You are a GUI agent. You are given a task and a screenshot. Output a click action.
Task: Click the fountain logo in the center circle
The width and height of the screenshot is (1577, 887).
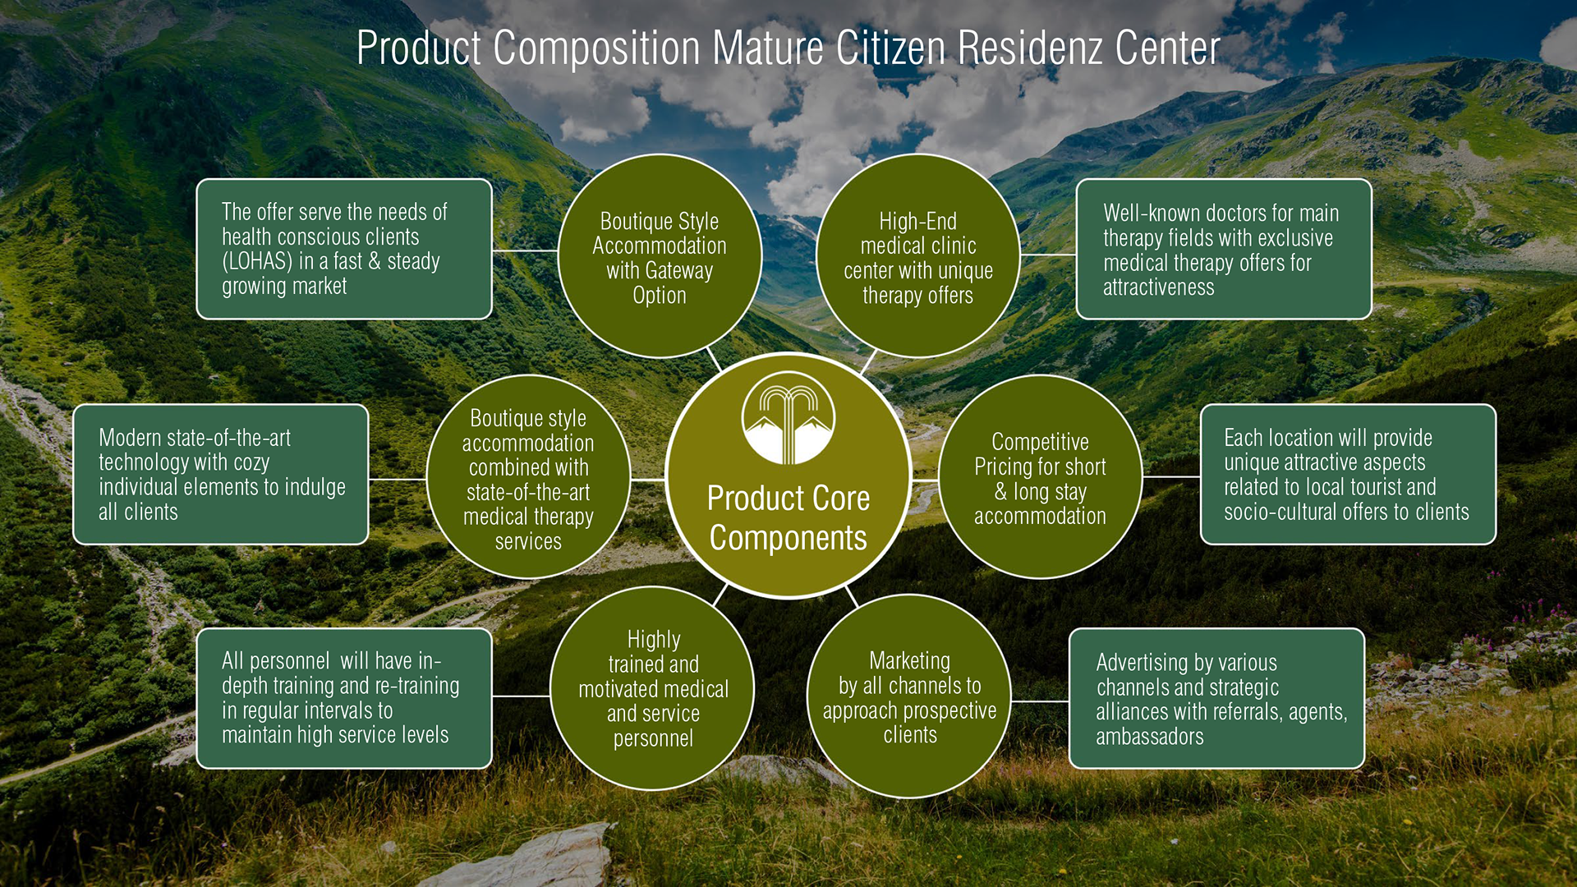[x=788, y=417]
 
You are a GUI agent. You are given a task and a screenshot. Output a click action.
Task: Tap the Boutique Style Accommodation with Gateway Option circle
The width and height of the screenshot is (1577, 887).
[x=660, y=256]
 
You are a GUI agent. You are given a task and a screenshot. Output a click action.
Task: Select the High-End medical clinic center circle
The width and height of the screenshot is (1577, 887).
[x=918, y=256]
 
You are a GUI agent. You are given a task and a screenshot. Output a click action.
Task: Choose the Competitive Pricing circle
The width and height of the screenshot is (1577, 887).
[x=1040, y=477]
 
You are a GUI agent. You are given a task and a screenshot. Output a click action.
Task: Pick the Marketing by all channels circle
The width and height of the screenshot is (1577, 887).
[x=909, y=696]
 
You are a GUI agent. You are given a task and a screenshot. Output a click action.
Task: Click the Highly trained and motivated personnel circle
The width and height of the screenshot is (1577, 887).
[x=653, y=688]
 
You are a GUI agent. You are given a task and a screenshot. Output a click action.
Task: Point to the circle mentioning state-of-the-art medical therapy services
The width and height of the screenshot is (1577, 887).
[x=528, y=477]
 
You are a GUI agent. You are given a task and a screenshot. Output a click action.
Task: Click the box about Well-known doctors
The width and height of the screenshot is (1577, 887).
[x=1224, y=249]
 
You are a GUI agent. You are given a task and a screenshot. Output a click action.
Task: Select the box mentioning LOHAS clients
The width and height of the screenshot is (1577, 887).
[x=344, y=249]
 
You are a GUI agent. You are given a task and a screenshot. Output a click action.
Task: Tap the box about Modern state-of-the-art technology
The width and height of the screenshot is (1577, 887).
[x=221, y=474]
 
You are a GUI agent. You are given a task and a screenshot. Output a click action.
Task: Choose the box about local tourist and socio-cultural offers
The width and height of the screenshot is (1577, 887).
[x=1348, y=474]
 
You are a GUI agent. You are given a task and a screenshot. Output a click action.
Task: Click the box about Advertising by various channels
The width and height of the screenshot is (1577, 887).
[x=1216, y=698]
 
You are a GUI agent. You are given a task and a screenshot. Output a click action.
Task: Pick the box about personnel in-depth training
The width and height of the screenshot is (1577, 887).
[x=344, y=698]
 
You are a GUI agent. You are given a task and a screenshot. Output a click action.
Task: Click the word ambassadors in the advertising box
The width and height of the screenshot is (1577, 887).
[x=1149, y=737]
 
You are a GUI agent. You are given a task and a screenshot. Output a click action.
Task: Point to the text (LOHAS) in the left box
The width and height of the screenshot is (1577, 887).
[x=257, y=261]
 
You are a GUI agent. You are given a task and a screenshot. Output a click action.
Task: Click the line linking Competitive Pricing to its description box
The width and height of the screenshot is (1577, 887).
[x=1171, y=476]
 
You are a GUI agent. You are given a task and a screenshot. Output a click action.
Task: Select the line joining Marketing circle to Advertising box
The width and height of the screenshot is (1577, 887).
[x=1040, y=701]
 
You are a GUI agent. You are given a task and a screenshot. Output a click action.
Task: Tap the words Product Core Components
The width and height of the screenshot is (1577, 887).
[x=788, y=517]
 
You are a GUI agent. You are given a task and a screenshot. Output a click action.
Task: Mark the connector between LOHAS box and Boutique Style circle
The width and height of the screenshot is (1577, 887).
[x=526, y=250]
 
